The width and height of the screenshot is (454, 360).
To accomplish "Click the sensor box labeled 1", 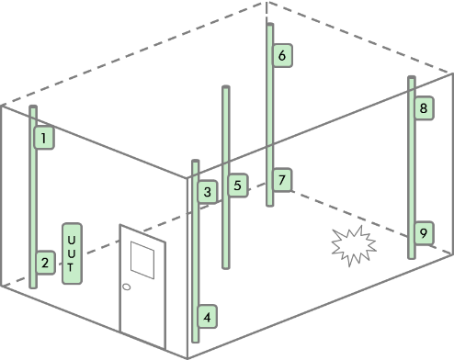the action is (x=44, y=138).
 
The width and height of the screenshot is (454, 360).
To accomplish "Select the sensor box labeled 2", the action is (x=46, y=263).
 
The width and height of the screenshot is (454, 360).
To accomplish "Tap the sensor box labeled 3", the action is (x=208, y=192).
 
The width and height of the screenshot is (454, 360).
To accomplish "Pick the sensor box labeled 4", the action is (x=208, y=317).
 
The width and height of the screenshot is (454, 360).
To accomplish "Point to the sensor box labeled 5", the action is (x=238, y=186).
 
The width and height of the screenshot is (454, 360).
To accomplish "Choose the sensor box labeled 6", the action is (x=282, y=55).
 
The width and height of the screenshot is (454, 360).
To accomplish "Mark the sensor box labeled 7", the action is (x=282, y=180).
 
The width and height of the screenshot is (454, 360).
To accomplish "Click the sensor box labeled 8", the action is (x=424, y=107).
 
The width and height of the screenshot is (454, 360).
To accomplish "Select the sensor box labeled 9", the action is (x=424, y=233).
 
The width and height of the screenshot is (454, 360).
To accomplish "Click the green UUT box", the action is (x=72, y=253).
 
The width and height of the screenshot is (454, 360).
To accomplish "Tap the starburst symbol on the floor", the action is (x=354, y=245).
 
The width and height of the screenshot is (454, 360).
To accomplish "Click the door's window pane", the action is (x=142, y=260).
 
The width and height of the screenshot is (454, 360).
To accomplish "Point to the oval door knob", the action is (x=126, y=287).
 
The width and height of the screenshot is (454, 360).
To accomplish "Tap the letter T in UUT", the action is (x=71, y=267).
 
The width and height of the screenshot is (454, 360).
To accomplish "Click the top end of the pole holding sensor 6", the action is (x=270, y=25).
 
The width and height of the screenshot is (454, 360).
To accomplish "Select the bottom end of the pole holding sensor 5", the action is (x=226, y=267).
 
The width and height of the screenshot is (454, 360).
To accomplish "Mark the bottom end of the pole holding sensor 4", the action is (x=196, y=341).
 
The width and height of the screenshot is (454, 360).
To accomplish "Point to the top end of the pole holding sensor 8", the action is (x=412, y=77).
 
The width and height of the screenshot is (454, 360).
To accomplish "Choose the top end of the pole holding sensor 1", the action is (x=33, y=107).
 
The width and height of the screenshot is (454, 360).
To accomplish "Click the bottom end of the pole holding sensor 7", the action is (x=270, y=205).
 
